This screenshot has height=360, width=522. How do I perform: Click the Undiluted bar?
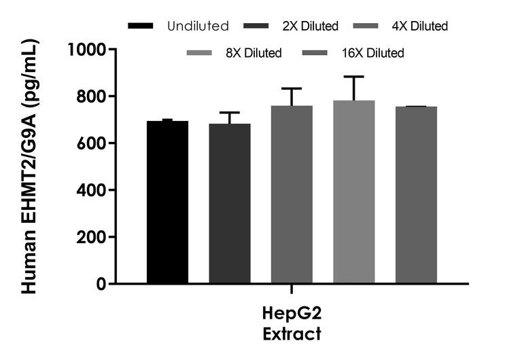pyautogui.click(x=167, y=202)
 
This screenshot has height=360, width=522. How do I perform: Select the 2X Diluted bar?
pyautogui.click(x=229, y=203)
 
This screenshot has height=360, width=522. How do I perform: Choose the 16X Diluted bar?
pyautogui.click(x=416, y=195)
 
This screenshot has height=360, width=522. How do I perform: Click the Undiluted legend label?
pyautogui.click(x=198, y=26)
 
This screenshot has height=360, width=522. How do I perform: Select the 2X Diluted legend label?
pyautogui.click(x=310, y=26)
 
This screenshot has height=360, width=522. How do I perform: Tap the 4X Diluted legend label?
pyautogui.click(x=421, y=26)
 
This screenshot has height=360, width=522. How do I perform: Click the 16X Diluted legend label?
pyautogui.click(x=373, y=52)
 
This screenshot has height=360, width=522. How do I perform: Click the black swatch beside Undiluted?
pyautogui.click(x=143, y=26)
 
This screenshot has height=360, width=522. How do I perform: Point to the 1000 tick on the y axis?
pyautogui.click(x=86, y=50)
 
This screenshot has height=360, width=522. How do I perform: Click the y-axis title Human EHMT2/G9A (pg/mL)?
pyautogui.click(x=29, y=167)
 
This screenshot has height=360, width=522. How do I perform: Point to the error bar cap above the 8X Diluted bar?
pyautogui.click(x=353, y=77)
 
